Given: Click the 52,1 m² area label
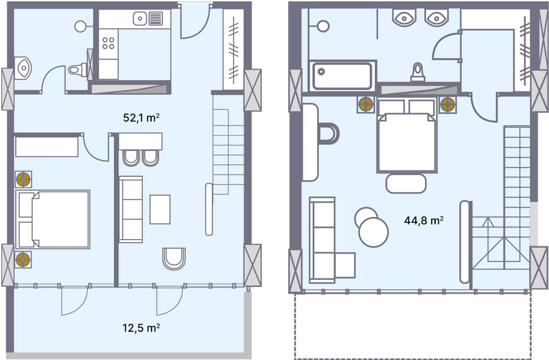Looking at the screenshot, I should [141, 118].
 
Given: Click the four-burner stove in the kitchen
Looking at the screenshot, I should [108, 43].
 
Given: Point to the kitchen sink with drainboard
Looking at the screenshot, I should [148, 19].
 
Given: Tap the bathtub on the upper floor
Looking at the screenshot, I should [342, 76].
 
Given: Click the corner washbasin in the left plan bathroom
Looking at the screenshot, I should [22, 68].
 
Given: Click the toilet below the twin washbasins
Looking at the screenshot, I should [417, 72].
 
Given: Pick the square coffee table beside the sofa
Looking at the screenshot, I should [160, 209].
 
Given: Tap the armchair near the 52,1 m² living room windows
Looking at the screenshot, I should [174, 258].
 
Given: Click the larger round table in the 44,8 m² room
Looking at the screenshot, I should [373, 232].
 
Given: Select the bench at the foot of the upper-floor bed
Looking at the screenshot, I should [406, 183].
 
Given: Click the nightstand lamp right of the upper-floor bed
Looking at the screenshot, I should [447, 105].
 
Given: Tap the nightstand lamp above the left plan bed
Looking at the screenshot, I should [23, 179].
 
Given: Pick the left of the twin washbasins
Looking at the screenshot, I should [404, 17].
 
